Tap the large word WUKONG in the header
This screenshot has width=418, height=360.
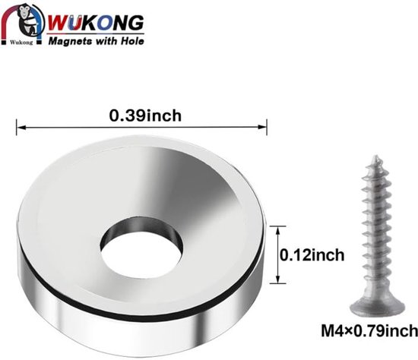pyautogui.click(x=97, y=23)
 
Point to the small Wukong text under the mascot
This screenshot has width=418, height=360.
pyautogui.click(x=21, y=43)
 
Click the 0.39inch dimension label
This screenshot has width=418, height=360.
pyautogui.click(x=145, y=115)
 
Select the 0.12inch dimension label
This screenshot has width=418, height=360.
pyautogui.click(x=312, y=255)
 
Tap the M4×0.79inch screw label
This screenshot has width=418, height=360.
pyautogui.click(x=369, y=330)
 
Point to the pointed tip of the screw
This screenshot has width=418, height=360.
pyautogui.click(x=375, y=156)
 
